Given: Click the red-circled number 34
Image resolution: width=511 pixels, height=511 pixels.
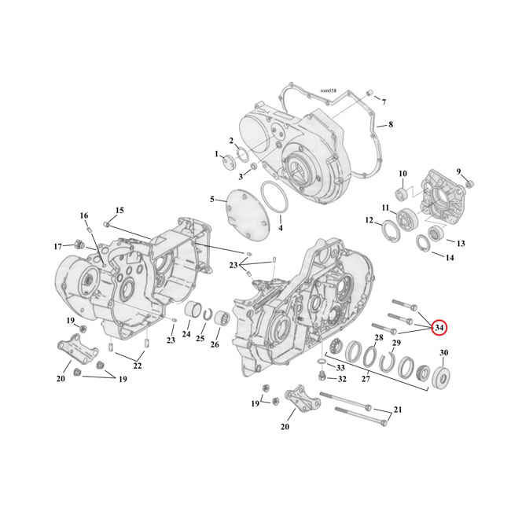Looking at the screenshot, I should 439,327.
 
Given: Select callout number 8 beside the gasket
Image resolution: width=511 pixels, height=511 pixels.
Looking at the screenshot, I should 391,124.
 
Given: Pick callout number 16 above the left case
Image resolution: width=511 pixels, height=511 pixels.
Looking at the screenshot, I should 84,215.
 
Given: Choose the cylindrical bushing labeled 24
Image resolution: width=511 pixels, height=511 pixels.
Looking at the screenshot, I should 192,318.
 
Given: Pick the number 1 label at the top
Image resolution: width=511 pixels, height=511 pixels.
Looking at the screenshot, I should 216,155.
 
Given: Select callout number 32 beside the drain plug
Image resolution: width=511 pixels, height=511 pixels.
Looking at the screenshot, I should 341,379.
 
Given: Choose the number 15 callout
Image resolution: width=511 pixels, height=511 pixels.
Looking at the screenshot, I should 119,210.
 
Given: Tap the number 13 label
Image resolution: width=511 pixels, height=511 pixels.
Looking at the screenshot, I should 461,243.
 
